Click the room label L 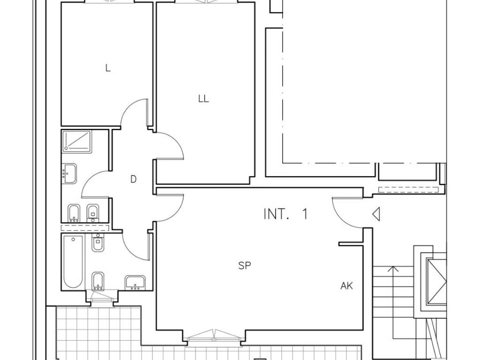point(108,68)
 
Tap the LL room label point(203,98)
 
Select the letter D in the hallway point(133,179)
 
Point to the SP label point(245,265)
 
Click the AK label point(346,286)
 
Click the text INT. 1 point(285,214)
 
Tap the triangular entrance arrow point(376,214)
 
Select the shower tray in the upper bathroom point(77,142)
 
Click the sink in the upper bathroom point(69,173)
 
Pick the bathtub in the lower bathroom point(73,262)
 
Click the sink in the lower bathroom point(135,282)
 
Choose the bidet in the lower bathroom point(97,281)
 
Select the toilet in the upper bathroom point(93,213)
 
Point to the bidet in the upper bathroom point(74,213)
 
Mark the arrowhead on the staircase point(393,269)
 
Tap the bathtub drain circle point(73,239)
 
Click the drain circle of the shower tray point(66,149)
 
